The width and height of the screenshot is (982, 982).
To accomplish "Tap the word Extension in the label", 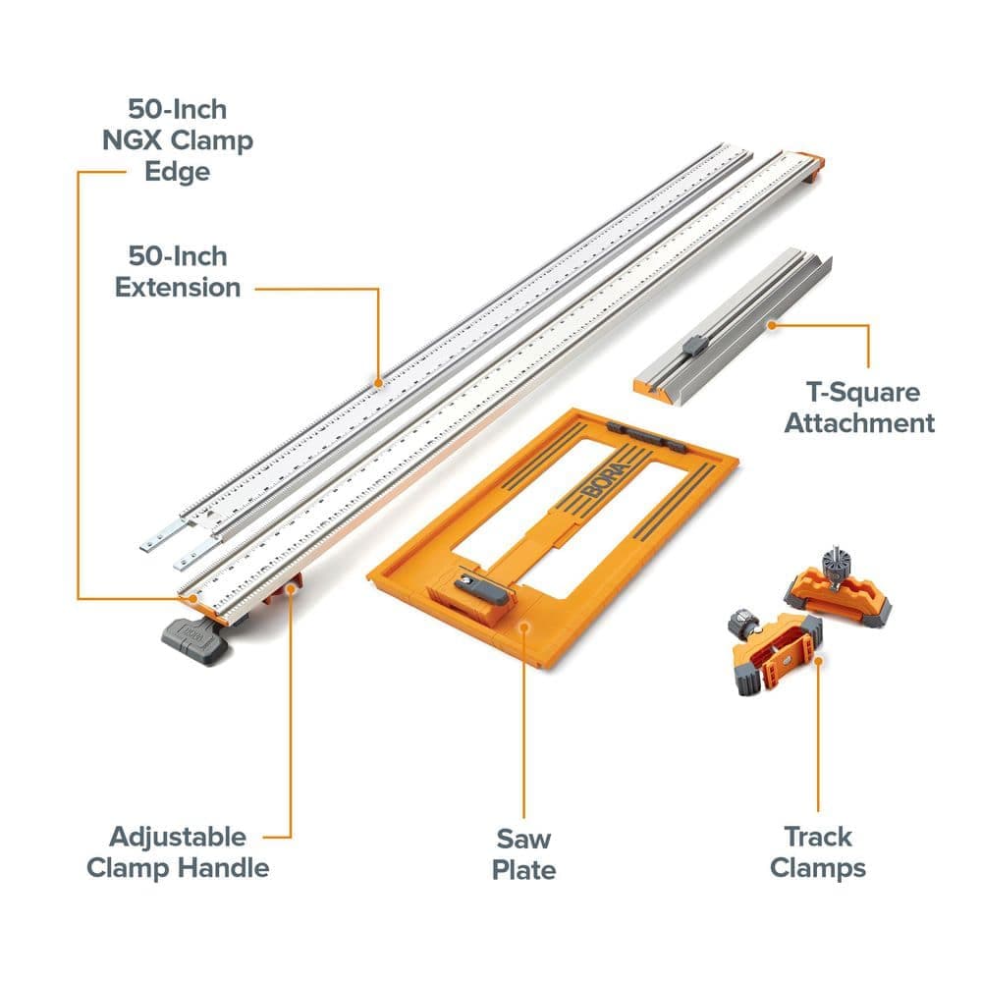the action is pos(178,288).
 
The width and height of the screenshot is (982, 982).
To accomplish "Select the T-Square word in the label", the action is pos(862,393).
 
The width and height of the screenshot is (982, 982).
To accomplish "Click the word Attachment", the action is pos(859,423).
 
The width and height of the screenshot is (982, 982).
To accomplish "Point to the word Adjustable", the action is pos(178,838).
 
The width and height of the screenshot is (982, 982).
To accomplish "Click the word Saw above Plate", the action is pos(523,839).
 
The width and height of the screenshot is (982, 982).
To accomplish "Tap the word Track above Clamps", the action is pos(818,837).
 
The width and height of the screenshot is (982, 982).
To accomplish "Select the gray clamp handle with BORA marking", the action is pos(194,640).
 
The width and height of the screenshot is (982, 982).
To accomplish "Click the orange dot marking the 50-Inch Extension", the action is pos(378,383).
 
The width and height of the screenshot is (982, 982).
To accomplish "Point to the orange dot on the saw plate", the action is pos(524,627).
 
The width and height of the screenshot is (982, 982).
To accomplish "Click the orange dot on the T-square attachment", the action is pos(772,325).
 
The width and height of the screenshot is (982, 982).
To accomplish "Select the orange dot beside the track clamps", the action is pos(818,660).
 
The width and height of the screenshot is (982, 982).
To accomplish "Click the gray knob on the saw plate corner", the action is pos(480,588).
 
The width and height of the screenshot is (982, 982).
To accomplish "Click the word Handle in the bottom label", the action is pos(223,868).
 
